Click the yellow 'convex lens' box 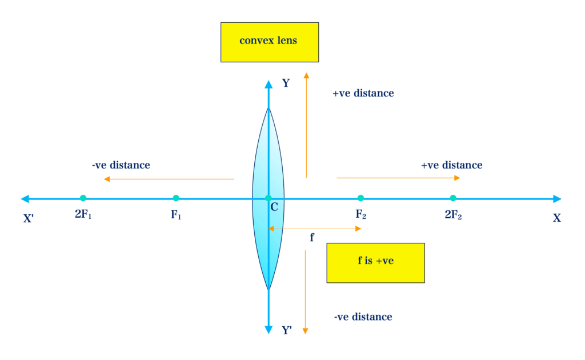270,42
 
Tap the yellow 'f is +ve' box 375,262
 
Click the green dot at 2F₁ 83,198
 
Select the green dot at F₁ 176,198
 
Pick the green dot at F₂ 360,198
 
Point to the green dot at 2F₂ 453,198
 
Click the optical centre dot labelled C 269,198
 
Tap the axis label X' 29,218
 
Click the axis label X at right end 556,218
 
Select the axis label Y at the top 286,83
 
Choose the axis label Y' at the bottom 287,330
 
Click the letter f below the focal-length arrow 311,237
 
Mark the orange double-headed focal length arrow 315,229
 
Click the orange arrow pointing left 169,179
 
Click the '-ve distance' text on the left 121,165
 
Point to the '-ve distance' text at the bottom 363,317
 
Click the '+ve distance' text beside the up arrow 363,93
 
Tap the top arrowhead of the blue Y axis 269,85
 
